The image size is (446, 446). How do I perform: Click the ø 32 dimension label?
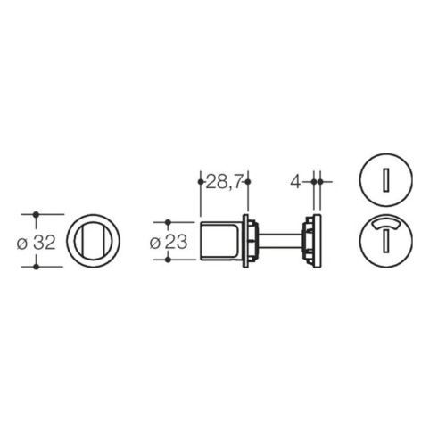tap(37, 243)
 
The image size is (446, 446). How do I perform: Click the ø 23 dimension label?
tap(169, 243)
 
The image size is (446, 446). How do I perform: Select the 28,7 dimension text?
tap(224, 182)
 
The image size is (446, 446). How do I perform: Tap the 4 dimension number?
tap(296, 182)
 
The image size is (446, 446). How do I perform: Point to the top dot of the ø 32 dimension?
tap(36, 214)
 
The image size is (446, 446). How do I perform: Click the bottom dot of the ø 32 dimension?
tap(36, 267)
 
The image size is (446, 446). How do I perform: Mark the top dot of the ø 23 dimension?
tap(168, 222)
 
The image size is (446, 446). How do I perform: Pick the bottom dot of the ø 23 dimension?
tap(168, 260)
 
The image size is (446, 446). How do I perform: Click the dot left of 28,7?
tap(201, 182)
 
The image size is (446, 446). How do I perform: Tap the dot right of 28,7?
tap(248, 182)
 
